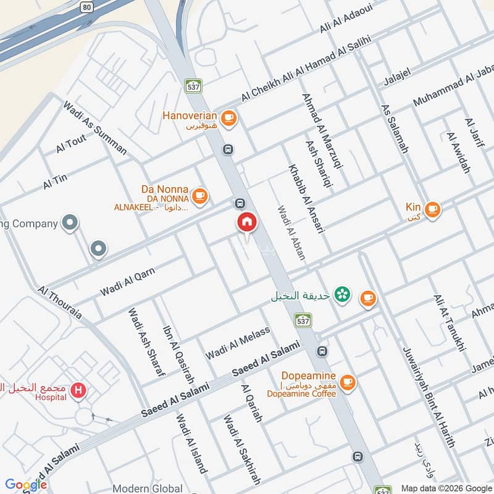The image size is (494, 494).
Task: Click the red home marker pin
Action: click(x=246, y=222)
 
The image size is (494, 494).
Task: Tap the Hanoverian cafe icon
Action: click(x=228, y=117)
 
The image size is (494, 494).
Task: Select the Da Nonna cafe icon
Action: click(x=199, y=196)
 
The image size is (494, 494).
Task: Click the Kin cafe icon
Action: click(x=432, y=209)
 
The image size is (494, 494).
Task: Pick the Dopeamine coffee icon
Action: click(x=348, y=383)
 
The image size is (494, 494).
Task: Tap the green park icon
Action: click(x=340, y=295)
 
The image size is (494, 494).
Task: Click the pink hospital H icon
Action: click(x=78, y=390)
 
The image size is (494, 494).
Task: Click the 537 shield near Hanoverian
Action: click(x=194, y=86)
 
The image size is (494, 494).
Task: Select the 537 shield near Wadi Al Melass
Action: click(x=303, y=320)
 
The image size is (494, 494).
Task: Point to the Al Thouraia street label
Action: click(x=59, y=301)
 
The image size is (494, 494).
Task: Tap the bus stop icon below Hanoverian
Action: click(x=228, y=149)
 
